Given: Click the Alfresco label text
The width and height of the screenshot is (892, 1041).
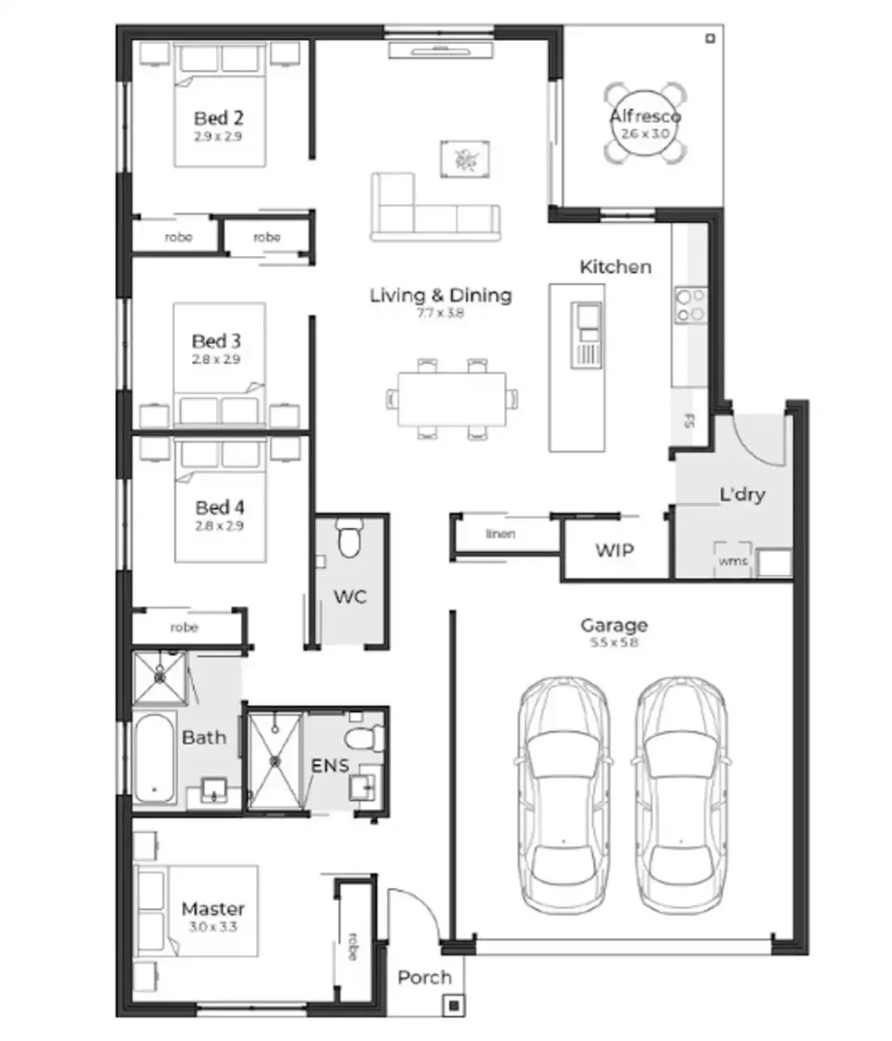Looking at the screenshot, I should point(645,116).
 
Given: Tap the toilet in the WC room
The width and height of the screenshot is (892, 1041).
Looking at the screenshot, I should point(349,540).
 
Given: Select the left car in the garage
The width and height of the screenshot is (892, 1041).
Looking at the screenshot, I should point(564,793).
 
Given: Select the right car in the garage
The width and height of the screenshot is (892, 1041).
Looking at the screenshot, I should point(679,793).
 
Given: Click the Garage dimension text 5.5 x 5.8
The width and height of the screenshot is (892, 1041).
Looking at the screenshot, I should point(614,643).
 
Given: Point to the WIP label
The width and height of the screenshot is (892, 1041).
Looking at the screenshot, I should point(614,551).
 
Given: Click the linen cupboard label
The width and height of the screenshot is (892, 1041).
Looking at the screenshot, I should point(500,534).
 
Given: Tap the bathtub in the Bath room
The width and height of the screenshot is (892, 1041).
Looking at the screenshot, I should point(154,758).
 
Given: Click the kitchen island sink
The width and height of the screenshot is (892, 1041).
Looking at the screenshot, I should point(585,320).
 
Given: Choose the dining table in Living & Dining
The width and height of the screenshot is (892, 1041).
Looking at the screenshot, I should point(451,399).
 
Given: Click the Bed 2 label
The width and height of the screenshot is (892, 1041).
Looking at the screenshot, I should point(218,118).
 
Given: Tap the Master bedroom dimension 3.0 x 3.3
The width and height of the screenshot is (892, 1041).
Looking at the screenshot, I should point(213,927).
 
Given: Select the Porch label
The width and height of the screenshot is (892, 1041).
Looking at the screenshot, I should point(424,977).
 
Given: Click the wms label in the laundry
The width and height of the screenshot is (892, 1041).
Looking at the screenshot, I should point(733,562).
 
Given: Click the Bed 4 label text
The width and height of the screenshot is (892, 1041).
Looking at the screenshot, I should point(219,507).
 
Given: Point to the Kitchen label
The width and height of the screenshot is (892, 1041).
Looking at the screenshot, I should point(615,267).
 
